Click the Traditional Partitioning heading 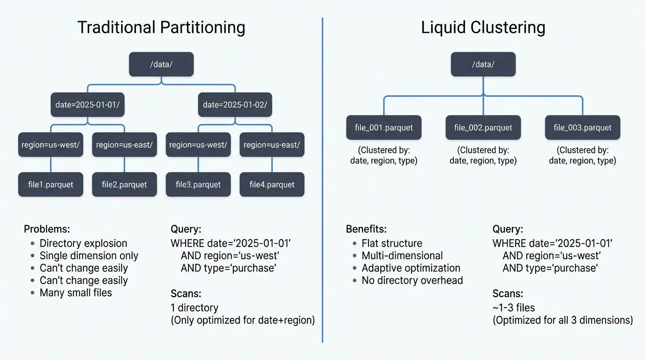tap(161, 27)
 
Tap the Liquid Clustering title tap(483, 27)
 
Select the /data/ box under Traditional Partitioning tap(161, 64)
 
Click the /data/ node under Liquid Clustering tap(483, 64)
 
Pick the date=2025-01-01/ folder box tap(88, 105)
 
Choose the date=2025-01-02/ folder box tap(235, 105)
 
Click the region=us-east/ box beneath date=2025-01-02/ tap(272, 145)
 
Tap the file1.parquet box tap(51, 184)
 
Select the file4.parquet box tap(272, 184)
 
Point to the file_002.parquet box tap(483, 127)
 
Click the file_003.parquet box tap(582, 127)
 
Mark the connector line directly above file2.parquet tap(124, 165)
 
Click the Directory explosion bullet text tap(83, 243)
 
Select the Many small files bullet tap(76, 293)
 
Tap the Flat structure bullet tap(392, 243)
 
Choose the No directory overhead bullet tap(412, 280)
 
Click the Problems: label tap(47, 229)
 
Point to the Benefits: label tap(366, 229)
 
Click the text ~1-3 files tap(513, 308)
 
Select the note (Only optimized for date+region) tap(242, 320)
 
